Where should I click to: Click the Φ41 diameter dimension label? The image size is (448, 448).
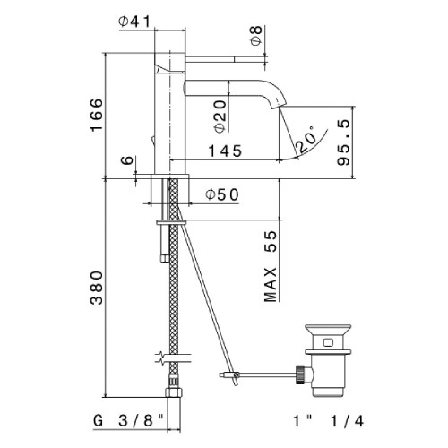pyautogui.click(x=134, y=22)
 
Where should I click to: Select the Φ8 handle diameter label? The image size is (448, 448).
pyautogui.click(x=256, y=36)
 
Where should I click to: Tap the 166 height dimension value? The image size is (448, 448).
pyautogui.click(x=97, y=115)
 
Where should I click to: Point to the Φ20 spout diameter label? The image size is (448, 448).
pyautogui.click(x=220, y=116)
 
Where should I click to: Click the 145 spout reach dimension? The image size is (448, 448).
pyautogui.click(x=225, y=151)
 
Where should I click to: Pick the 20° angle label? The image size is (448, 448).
pyautogui.click(x=306, y=140)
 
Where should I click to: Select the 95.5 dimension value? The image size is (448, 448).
pyautogui.click(x=343, y=142)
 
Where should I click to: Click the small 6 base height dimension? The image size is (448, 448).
pyautogui.click(x=127, y=160)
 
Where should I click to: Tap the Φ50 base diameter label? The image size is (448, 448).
pyautogui.click(x=222, y=194)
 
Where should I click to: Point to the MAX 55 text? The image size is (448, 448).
pyautogui.click(x=271, y=266)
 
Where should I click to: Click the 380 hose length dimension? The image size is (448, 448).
pyautogui.click(x=97, y=288)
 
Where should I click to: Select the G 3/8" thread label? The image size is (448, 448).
pyautogui.click(x=129, y=421)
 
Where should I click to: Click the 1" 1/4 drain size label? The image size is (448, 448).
pyautogui.click(x=329, y=421)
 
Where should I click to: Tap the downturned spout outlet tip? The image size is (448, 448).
pyautogui.click(x=277, y=105)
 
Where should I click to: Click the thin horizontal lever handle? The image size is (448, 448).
pyautogui.click(x=226, y=59)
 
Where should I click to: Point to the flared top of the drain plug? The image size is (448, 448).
pyautogui.click(x=328, y=330)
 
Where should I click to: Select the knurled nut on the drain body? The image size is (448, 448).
pyautogui.click(x=300, y=375)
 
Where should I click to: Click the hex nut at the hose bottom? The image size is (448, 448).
pyautogui.click(x=173, y=392)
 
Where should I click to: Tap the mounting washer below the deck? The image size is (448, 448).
pyautogui.click(x=171, y=222)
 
